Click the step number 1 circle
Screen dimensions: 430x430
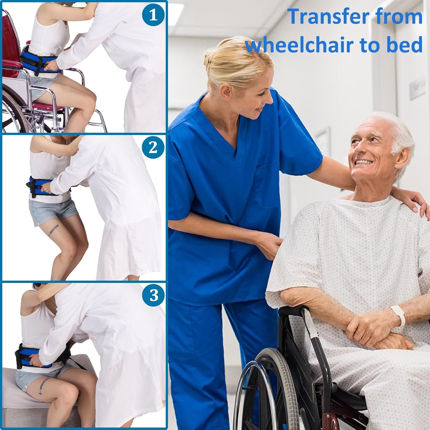coord(153,15)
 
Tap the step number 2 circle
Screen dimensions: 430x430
coord(153,147)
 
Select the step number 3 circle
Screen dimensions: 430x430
coord(154,295)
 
